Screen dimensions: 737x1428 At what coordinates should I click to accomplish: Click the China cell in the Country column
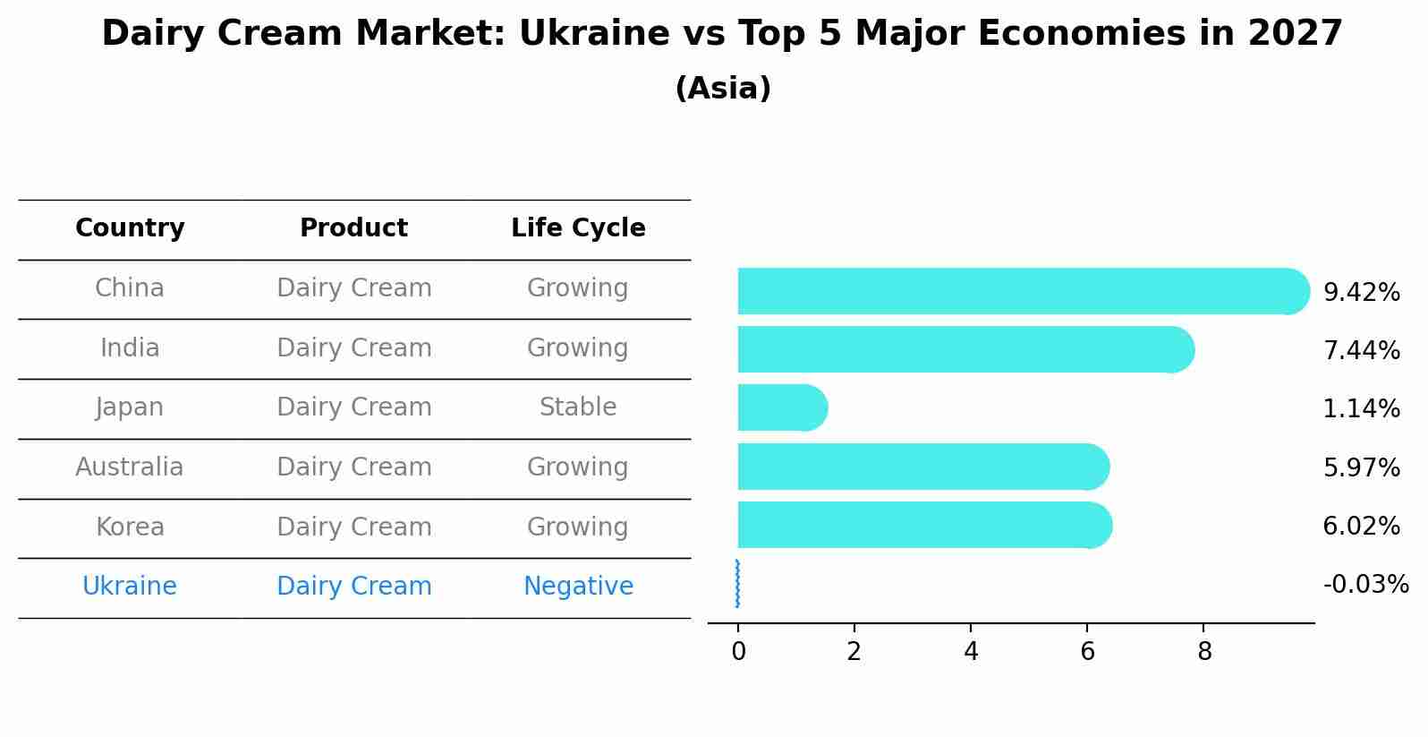tap(130, 288)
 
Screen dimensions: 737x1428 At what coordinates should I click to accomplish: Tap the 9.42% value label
tap(1361, 293)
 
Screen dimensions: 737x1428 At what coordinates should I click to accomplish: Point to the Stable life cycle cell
tap(577, 407)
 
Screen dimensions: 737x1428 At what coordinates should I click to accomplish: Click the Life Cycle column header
tap(577, 228)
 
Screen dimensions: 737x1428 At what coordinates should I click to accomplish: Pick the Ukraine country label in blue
tap(130, 587)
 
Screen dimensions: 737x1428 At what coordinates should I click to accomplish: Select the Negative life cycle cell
tap(577, 587)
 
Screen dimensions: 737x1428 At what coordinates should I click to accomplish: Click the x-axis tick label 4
tap(971, 652)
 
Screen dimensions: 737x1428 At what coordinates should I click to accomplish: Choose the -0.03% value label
tap(1365, 585)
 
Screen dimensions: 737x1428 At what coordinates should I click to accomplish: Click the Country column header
tap(130, 228)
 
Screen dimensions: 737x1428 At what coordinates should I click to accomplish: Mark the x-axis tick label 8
tap(1204, 652)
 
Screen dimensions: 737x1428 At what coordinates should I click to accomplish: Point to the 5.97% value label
tap(1361, 467)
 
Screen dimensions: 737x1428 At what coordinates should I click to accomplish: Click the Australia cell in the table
tap(130, 467)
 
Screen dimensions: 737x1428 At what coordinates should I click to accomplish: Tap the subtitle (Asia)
tap(722, 89)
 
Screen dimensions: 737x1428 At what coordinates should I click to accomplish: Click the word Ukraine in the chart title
tap(593, 34)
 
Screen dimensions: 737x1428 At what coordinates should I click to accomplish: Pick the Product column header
tap(353, 228)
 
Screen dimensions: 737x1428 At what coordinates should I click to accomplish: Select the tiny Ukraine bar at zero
tap(737, 584)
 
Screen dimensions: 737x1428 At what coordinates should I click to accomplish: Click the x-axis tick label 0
tap(738, 652)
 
